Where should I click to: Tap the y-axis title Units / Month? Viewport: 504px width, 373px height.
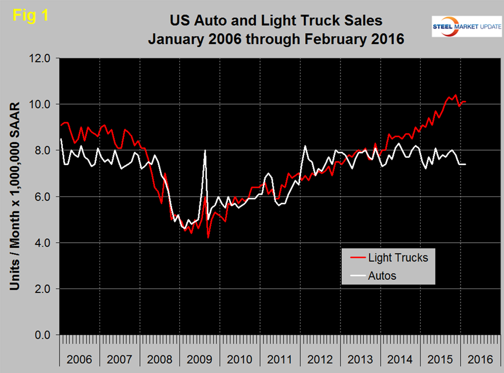pyautogui.click(x=16, y=196)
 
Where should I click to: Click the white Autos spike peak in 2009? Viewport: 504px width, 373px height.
pyautogui.click(x=205, y=150)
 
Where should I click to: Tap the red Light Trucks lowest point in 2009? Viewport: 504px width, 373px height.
pyautogui.click(x=208, y=238)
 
